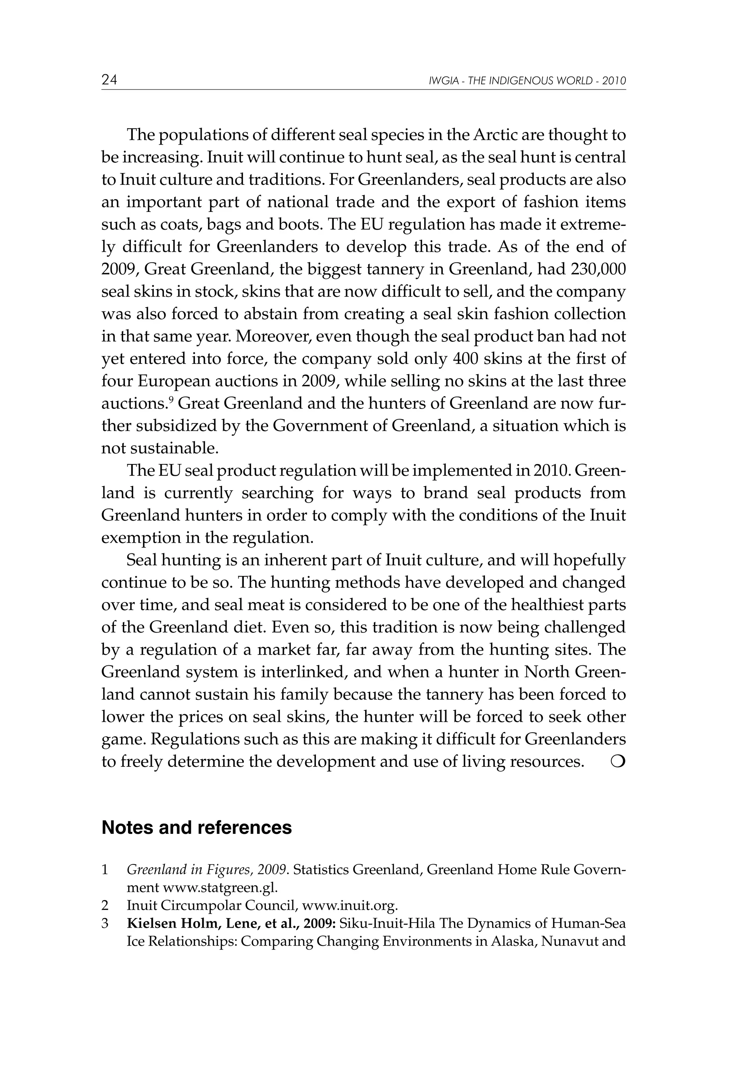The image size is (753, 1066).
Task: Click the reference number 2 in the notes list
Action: click(x=105, y=905)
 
